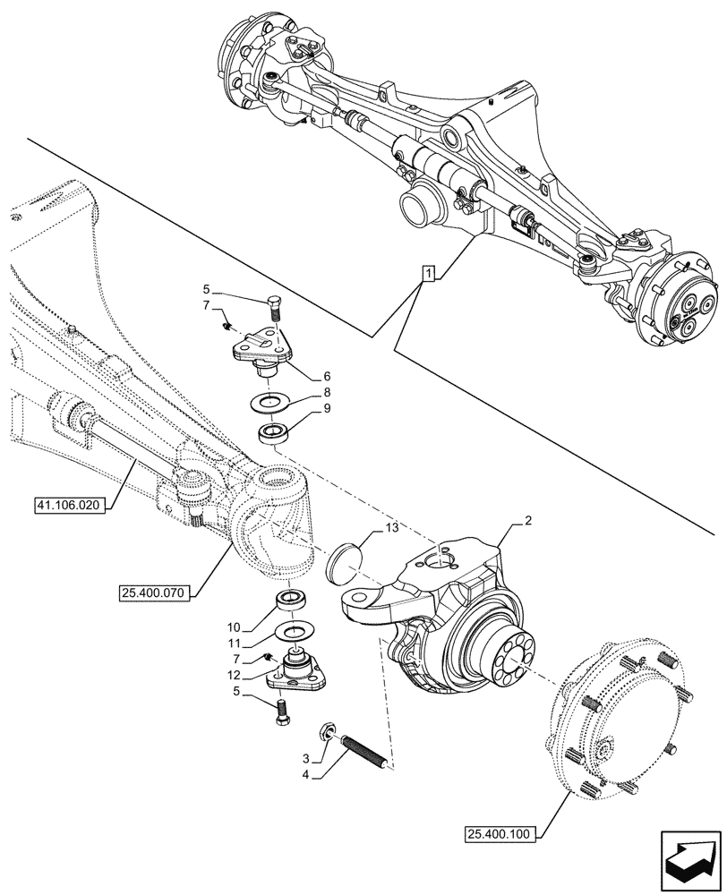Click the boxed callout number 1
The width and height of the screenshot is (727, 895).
point(428,275)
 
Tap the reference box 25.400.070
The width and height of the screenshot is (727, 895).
point(153,592)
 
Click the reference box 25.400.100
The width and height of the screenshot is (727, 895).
point(500,836)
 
